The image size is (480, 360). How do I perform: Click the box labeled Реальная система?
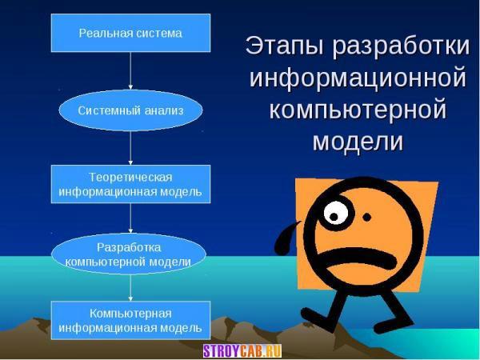click(x=130, y=33)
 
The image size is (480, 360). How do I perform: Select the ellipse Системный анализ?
click(x=130, y=110)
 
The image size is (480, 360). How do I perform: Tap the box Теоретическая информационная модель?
click(x=130, y=184)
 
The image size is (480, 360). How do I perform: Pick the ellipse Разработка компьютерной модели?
click(x=129, y=254)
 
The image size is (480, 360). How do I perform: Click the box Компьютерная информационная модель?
click(x=130, y=320)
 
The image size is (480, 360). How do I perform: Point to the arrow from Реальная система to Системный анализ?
click(x=130, y=70)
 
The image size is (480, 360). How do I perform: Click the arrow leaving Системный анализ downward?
click(x=130, y=148)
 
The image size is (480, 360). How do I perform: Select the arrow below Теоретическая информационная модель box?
click(x=130, y=218)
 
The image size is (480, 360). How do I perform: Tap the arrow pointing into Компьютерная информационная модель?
click(x=130, y=288)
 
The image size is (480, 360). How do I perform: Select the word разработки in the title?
click(x=401, y=46)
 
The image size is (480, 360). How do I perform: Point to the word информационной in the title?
click(x=358, y=78)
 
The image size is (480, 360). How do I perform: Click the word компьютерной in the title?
click(x=358, y=110)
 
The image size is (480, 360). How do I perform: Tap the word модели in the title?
click(x=358, y=141)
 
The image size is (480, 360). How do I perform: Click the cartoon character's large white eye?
click(x=336, y=213)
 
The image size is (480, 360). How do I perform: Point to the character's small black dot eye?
click(x=367, y=218)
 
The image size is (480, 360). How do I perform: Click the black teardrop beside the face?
click(x=286, y=240)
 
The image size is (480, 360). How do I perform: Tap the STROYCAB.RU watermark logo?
click(x=242, y=351)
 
